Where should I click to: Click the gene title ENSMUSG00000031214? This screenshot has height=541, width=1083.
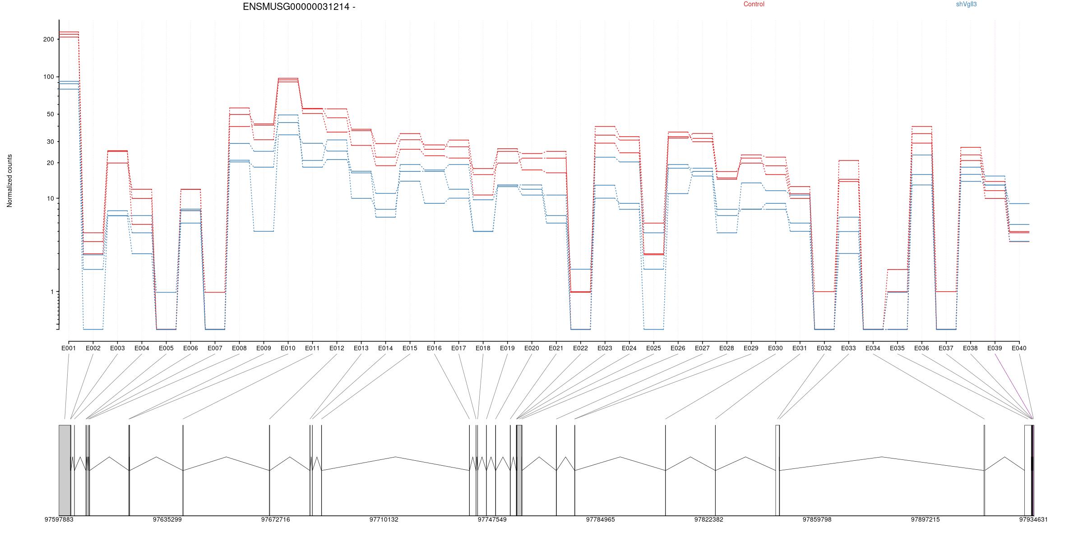point(296,7)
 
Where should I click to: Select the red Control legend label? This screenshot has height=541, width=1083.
point(754,4)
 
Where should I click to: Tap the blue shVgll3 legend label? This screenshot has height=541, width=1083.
point(967,4)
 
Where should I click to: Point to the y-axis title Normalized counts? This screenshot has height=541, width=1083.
point(9,181)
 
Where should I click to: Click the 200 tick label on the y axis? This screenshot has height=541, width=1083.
point(48,39)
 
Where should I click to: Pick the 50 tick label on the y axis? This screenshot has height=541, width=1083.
point(50,114)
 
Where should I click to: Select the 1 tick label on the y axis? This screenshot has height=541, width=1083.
point(52,292)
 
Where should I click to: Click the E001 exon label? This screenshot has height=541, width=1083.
point(69,348)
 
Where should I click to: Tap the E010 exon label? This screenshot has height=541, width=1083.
point(288,348)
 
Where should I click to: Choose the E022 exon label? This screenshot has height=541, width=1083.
point(580,348)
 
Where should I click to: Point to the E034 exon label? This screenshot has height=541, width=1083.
point(873,348)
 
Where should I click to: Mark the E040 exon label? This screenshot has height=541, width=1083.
point(1019,348)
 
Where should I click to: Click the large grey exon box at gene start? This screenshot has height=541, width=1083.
point(65,470)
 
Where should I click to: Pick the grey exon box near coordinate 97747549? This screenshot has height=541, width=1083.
point(519,470)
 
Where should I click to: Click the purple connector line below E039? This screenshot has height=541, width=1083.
point(1014,386)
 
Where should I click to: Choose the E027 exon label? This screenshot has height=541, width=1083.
point(702,348)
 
